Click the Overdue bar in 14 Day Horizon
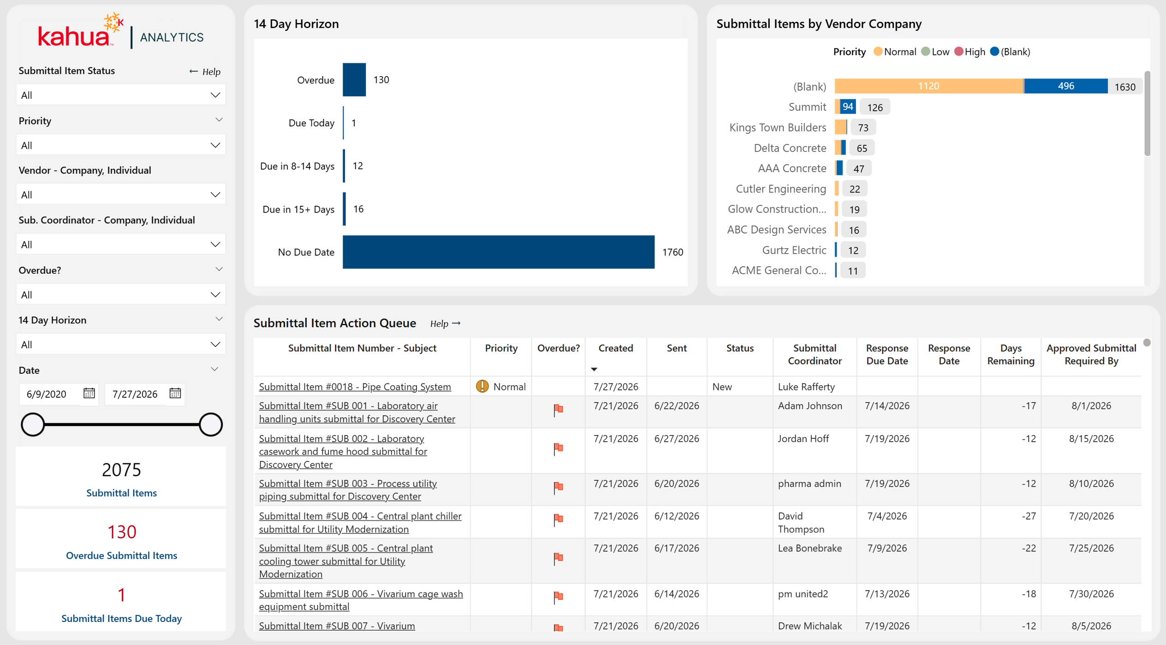354,79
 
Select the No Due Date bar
499,252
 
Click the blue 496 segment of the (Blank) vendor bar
1066,86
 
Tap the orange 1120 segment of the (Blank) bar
929,86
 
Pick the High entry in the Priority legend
970,52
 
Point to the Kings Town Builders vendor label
778,127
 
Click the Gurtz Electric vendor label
794,250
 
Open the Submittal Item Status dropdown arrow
215,95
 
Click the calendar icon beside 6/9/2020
89,393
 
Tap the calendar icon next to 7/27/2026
175,393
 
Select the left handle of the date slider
33,424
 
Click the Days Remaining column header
1011,354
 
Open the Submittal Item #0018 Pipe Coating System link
355,387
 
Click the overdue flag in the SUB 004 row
558,519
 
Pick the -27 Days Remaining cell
1029,516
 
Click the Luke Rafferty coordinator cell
806,387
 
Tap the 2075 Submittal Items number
121,470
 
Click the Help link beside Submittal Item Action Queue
445,323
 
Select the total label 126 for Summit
875,107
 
